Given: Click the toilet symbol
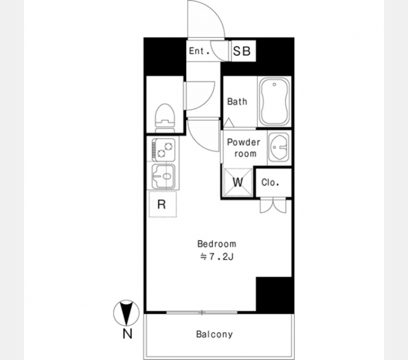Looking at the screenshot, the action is tap(164, 118).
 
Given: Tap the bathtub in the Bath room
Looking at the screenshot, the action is tap(275, 102).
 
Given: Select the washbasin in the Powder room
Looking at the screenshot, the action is tap(278, 147).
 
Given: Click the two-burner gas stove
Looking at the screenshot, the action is tap(164, 150).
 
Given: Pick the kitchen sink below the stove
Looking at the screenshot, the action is tap(164, 176).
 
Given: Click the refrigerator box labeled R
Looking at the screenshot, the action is tap(163, 204).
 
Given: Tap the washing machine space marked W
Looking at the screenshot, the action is tap(238, 182).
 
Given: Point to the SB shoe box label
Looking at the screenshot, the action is tap(242, 51).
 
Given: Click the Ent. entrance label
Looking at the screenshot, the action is tap(199, 51).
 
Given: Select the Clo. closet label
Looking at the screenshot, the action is tap(271, 182).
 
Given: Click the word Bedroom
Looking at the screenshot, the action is tap(217, 244).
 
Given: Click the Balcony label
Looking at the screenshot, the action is tap(214, 334).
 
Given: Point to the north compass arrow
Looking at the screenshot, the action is tap(127, 313).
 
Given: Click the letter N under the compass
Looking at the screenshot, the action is tap(127, 334).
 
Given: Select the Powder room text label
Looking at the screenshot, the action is tap(244, 148).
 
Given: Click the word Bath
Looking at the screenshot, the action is tap(237, 101).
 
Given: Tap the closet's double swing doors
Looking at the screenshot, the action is tap(273, 206).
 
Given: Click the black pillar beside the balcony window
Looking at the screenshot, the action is tap(275, 294).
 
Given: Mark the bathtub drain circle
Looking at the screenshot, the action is tap(274, 85).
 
